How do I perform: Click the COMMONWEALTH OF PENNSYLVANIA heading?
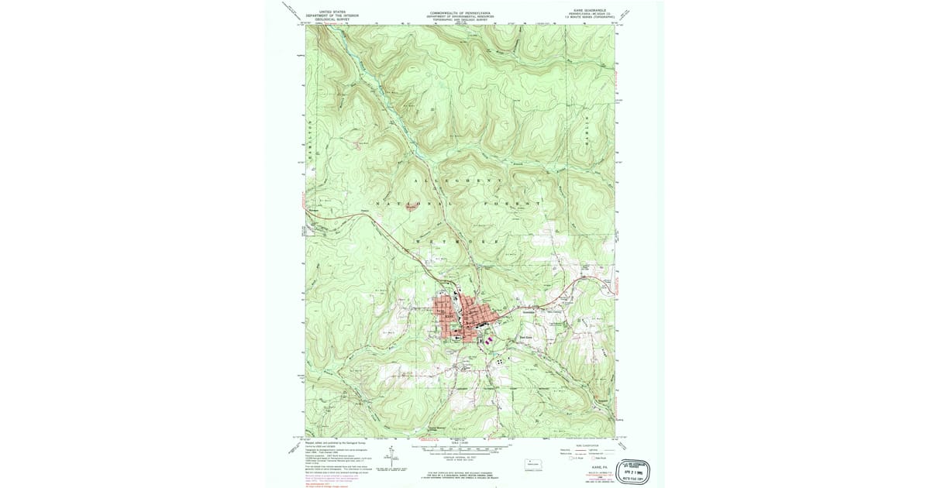463,13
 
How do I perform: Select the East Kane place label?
525,337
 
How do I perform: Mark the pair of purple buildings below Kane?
487,339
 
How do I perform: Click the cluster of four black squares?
504,360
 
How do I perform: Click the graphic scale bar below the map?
463,448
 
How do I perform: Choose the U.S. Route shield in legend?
576,453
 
